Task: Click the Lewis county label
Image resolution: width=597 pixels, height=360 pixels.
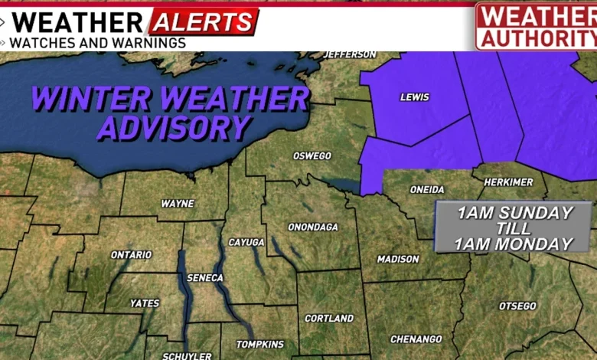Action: coord(415,97)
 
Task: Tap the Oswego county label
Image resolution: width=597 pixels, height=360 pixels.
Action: coord(312,156)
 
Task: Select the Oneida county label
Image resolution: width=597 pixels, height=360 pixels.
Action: coord(428,189)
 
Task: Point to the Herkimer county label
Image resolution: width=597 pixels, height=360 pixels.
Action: coord(508,182)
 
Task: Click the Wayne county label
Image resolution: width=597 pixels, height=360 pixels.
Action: coord(178,204)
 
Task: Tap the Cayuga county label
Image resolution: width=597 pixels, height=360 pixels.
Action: coord(246,242)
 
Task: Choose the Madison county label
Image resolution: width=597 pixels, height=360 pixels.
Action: coord(398,259)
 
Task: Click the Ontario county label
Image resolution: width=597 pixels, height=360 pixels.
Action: coord(132,255)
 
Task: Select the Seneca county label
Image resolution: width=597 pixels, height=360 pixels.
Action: coord(204,277)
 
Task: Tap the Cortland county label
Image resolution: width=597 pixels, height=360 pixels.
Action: coord(329,318)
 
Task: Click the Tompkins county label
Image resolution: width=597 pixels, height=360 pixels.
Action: coord(260,345)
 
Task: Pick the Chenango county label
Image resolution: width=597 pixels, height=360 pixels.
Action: coord(416,339)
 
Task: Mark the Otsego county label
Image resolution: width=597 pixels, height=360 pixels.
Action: coord(517,306)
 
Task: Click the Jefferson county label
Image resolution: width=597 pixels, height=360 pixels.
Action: coord(351,54)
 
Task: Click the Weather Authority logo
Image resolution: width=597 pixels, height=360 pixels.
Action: coord(536,25)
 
